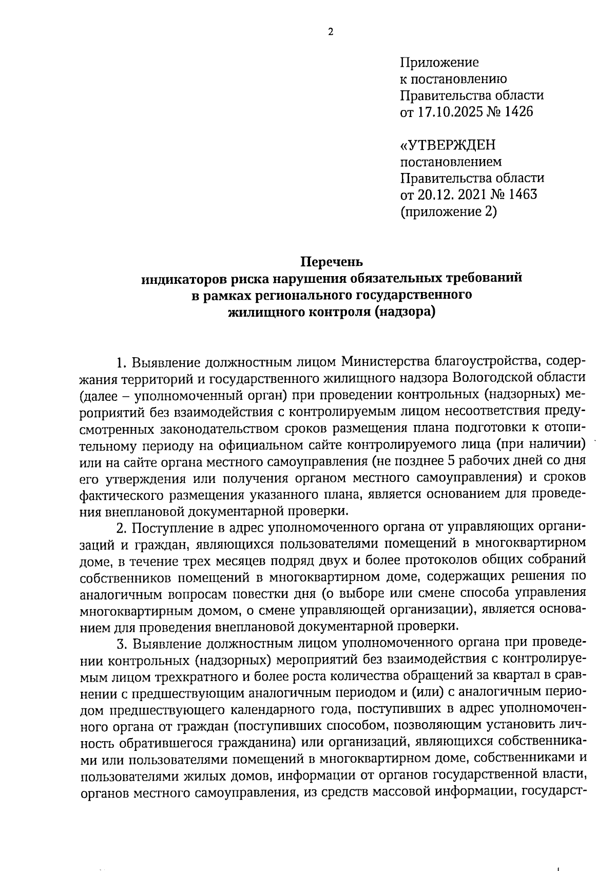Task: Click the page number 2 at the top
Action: click(x=331, y=32)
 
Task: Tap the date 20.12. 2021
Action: click(x=459, y=195)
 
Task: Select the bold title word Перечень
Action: click(x=331, y=262)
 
